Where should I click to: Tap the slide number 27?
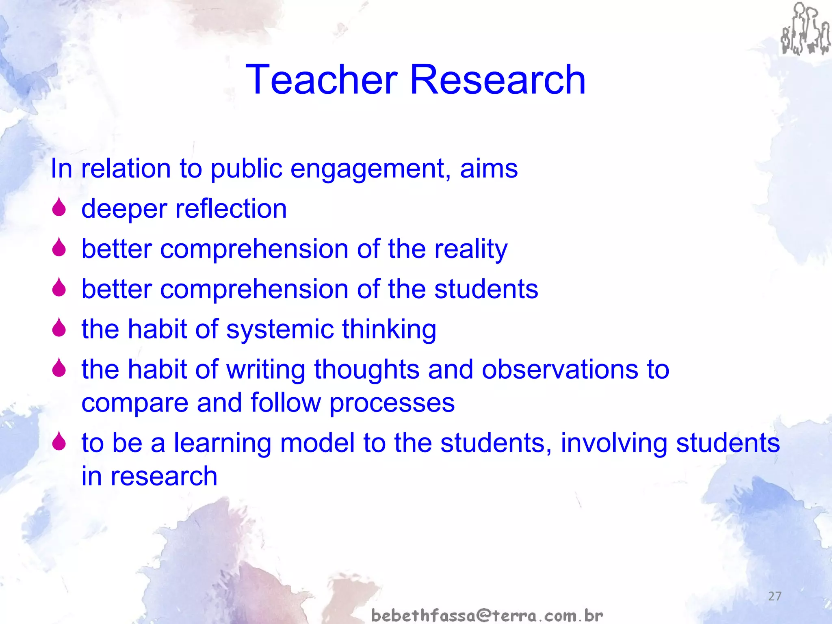click(x=775, y=596)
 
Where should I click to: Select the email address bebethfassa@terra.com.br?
click(x=487, y=615)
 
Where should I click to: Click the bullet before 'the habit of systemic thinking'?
click(x=59, y=327)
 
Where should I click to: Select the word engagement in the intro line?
click(x=370, y=169)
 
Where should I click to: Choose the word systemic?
click(x=279, y=329)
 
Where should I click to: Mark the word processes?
click(x=392, y=403)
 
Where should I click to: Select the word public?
click(x=246, y=169)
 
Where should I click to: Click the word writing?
click(x=266, y=370)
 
